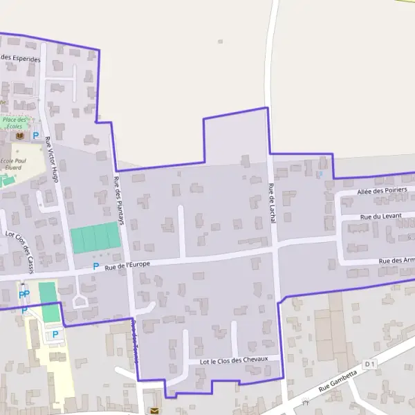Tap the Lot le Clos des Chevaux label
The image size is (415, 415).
pyautogui.click(x=233, y=361)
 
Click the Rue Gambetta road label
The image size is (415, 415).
pyautogui.click(x=338, y=382)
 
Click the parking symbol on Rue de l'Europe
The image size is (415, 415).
pyautogui.click(x=96, y=266)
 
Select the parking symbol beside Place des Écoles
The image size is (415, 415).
pyautogui.click(x=36, y=136)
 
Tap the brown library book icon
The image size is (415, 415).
pyautogui.click(x=19, y=137)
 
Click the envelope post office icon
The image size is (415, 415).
pyautogui.click(x=154, y=410)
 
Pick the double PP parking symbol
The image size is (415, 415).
pyautogui.click(x=24, y=295)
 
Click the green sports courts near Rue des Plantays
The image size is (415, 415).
pyautogui.click(x=95, y=239)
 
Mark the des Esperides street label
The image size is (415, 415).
pyautogui.click(x=20, y=59)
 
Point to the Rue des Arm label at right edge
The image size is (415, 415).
pyautogui.click(x=396, y=261)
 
